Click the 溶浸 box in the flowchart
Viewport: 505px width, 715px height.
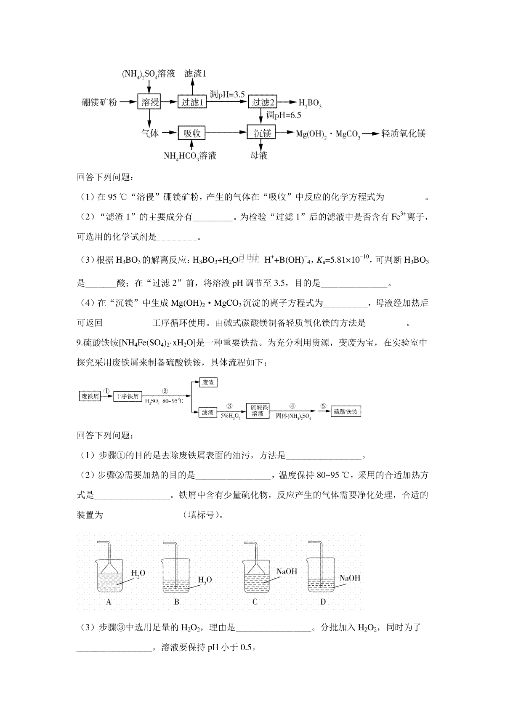click(x=149, y=102)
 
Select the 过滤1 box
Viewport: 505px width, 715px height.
click(x=192, y=102)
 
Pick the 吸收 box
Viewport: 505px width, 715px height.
click(x=192, y=133)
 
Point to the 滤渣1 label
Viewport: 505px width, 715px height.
click(x=196, y=74)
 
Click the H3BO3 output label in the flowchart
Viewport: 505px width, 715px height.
click(x=310, y=103)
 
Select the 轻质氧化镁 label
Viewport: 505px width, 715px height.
click(x=404, y=133)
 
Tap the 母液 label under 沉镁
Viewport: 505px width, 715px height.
click(x=259, y=156)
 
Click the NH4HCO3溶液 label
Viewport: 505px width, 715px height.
click(x=190, y=156)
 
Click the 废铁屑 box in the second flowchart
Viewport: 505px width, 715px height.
click(x=90, y=396)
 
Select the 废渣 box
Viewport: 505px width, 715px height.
click(x=208, y=382)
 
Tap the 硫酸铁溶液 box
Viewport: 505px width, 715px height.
click(x=258, y=411)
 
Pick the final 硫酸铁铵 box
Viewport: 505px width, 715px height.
click(x=346, y=411)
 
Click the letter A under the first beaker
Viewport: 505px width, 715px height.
click(x=109, y=602)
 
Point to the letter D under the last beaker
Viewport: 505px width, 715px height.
click(x=323, y=602)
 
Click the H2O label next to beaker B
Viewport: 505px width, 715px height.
click(x=205, y=580)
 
